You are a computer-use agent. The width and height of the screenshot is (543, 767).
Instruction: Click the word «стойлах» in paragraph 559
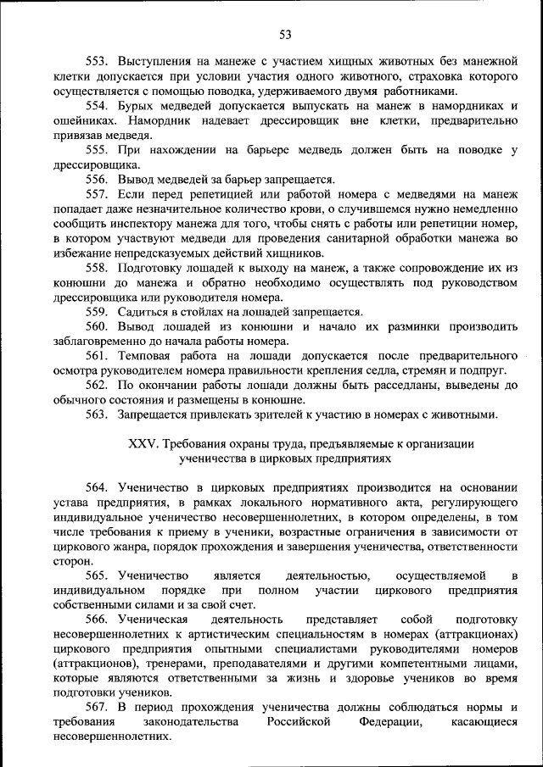coord(203,311)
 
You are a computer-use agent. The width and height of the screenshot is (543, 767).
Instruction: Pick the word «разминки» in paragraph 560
coord(410,325)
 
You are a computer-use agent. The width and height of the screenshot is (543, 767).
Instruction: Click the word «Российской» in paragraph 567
coord(295,722)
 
